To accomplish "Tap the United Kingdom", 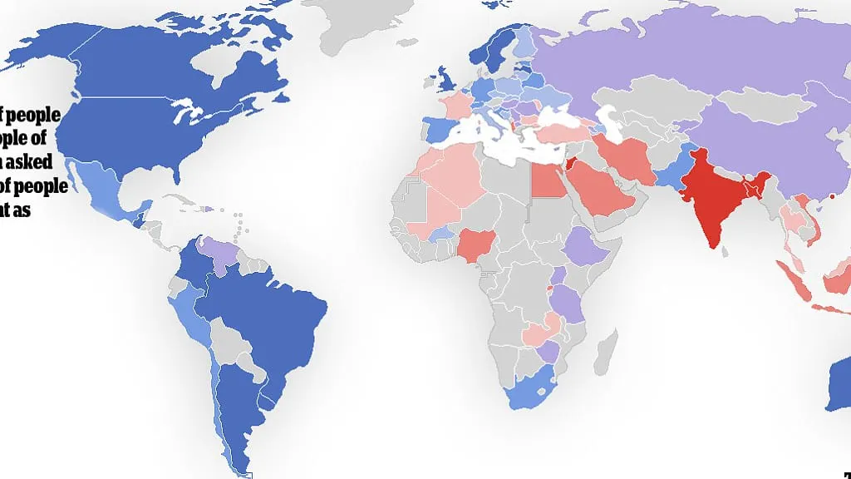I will (446, 81).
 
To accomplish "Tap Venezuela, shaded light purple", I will (219, 249).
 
